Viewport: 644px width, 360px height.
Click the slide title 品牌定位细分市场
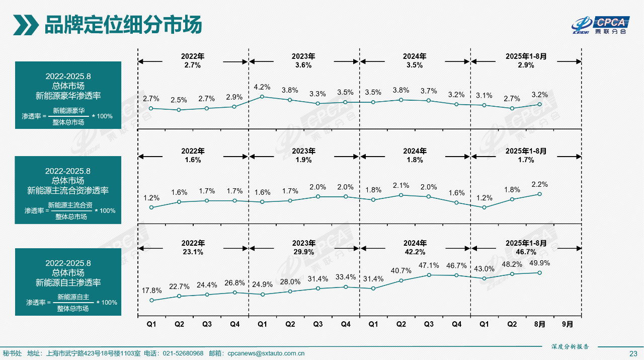[123, 24]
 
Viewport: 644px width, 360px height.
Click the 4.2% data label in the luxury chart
[262, 87]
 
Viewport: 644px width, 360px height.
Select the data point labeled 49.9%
[539, 273]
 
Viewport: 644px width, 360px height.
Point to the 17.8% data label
[151, 291]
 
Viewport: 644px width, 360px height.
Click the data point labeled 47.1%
[429, 275]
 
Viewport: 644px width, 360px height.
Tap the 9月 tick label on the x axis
[567, 325]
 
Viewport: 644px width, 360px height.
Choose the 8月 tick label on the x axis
[539, 325]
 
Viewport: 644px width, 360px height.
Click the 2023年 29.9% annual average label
[304, 247]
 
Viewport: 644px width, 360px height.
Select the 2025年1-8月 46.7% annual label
[526, 247]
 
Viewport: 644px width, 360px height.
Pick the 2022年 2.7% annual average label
[193, 60]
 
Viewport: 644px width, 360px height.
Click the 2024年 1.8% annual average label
[415, 156]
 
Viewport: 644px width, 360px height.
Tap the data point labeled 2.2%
[539, 194]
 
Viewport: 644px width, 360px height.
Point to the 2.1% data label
[401, 185]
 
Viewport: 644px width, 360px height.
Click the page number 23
[633, 353]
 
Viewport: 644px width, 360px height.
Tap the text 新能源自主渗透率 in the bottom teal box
[68, 282]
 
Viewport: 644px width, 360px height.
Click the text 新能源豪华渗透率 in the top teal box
[68, 95]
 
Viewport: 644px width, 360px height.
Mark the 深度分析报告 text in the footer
[570, 346]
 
